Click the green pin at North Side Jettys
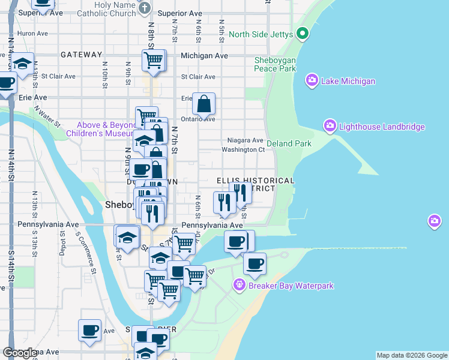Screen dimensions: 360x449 tap(302, 34)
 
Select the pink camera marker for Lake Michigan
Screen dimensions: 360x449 tap(312, 80)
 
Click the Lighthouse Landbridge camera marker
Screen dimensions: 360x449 tap(330, 126)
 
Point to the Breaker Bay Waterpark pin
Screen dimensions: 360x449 tap(240, 284)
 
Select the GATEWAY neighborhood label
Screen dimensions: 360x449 tap(82, 55)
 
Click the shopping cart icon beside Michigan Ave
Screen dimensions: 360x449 tap(153, 60)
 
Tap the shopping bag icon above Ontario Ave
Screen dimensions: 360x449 tap(204, 104)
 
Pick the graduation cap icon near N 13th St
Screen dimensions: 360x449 tap(23, 64)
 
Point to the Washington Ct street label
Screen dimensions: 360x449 tap(243, 149)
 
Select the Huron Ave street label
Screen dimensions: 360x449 tap(32, 34)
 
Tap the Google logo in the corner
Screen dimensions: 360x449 tap(20, 352)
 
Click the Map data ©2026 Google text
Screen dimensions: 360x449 tap(411, 355)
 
